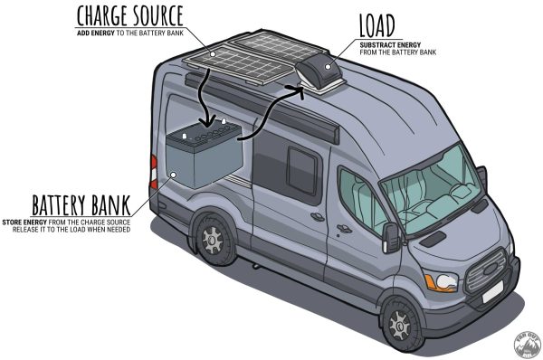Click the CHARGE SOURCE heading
pyautogui.click(x=130, y=15)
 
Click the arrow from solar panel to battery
pyautogui.click(x=207, y=95)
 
